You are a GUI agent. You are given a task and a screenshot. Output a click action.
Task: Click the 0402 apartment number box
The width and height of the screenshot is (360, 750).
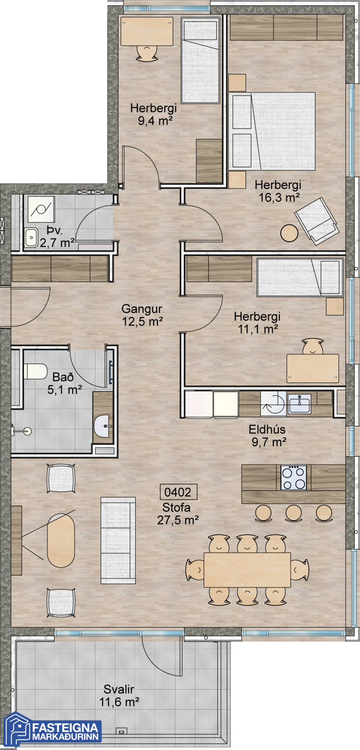tap(178, 492)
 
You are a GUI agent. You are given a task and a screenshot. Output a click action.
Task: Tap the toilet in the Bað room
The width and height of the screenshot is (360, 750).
tap(35, 371)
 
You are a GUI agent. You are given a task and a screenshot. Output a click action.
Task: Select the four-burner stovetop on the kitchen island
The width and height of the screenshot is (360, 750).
tap(293, 478)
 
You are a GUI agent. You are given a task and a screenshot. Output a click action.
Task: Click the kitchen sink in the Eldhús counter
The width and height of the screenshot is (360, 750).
tap(300, 404)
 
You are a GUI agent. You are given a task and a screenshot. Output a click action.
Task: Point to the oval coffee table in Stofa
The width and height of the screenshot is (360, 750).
tap(60, 540)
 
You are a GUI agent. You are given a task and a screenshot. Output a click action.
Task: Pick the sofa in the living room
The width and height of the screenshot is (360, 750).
tap(118, 540)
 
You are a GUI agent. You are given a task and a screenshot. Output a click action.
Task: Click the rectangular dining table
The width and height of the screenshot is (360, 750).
tap(247, 570)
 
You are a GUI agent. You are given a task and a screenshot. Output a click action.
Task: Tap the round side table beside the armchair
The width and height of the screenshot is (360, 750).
tap(289, 233)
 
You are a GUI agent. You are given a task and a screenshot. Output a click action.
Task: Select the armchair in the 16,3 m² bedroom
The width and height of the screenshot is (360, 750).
tap(316, 221)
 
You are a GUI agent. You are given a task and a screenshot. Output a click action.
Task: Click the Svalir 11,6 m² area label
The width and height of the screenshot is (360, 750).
tap(119, 696)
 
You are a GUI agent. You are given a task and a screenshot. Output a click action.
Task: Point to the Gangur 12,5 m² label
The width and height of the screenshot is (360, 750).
tap(142, 315)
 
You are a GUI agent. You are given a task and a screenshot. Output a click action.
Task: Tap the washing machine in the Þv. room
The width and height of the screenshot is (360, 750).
tap(41, 210)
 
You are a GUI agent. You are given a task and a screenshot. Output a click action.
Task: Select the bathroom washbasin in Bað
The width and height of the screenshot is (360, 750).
tap(103, 426)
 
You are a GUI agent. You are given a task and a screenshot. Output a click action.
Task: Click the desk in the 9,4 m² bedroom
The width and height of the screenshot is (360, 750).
tap(147, 31)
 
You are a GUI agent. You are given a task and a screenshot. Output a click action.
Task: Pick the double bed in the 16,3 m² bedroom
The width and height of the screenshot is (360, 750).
tap(272, 131)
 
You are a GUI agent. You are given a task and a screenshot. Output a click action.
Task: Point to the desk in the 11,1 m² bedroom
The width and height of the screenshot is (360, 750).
tap(313, 368)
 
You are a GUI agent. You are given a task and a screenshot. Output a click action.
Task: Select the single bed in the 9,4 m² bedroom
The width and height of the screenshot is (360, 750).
tap(200, 60)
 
